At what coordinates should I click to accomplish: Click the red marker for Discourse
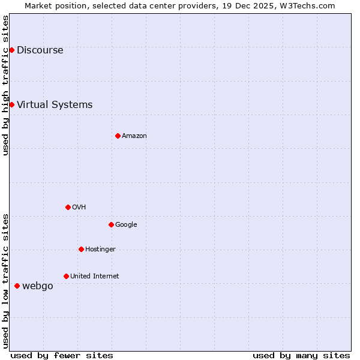click(11, 50)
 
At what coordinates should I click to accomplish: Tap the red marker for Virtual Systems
click(11, 104)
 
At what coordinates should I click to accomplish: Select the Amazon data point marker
click(118, 136)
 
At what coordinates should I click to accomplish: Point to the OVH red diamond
click(68, 207)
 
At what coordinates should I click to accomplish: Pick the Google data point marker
click(111, 224)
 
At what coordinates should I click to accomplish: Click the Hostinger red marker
click(81, 249)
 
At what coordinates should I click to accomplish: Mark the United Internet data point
click(66, 276)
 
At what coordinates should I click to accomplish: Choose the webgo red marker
click(17, 286)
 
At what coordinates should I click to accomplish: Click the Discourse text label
click(40, 50)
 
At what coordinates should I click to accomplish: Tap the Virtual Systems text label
click(55, 105)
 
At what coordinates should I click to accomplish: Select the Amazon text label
click(134, 136)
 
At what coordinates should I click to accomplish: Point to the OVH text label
click(79, 208)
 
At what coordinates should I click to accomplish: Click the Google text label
click(126, 225)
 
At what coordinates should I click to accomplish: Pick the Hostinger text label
click(100, 250)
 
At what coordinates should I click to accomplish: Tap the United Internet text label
click(94, 277)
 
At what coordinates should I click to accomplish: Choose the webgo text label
click(37, 286)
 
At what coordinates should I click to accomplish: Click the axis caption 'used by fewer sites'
click(62, 355)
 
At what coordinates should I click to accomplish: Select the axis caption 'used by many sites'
click(301, 355)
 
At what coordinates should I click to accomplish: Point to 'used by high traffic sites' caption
click(5, 85)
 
